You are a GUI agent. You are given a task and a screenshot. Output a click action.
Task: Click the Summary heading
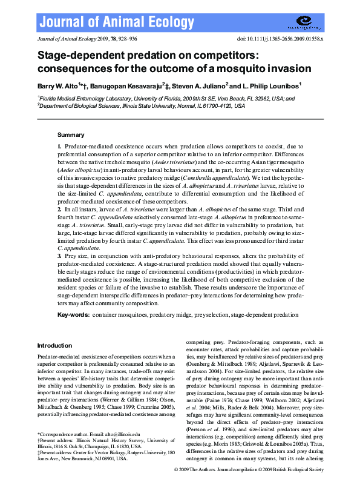tap(71, 134)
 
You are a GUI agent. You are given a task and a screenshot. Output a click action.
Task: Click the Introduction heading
tap(54, 345)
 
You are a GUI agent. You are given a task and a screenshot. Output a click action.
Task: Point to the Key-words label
tap(74, 316)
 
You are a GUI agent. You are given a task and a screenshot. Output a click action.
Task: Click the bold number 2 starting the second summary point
tap(59, 209)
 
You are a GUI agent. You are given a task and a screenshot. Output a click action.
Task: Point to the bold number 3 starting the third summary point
tap(59, 257)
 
